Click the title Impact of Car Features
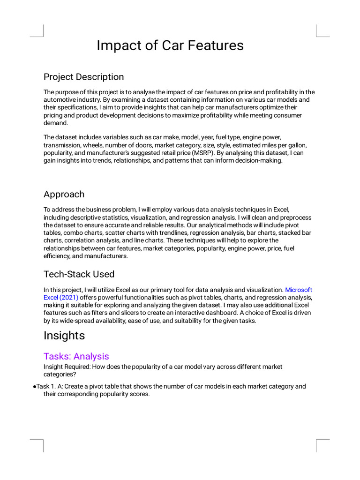(x=170, y=45)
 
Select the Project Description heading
(x=83, y=77)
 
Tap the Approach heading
(x=64, y=195)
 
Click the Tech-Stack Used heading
(x=79, y=274)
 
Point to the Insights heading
(x=64, y=336)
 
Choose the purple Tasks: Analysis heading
(x=76, y=356)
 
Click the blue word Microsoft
(x=299, y=290)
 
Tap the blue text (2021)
(x=69, y=298)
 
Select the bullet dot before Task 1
(x=35, y=387)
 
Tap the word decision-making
(x=259, y=161)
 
